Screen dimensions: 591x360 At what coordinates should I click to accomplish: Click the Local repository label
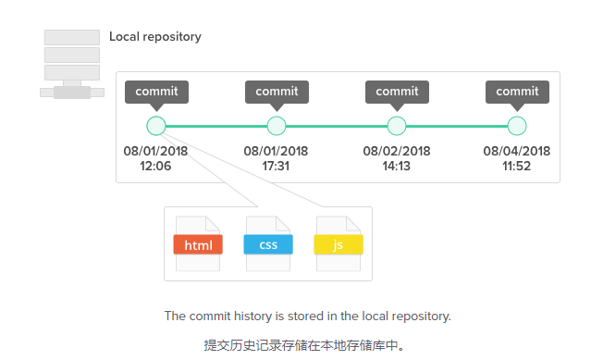155,37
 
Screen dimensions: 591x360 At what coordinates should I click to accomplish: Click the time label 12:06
155,166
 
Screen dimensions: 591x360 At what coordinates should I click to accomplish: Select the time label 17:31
276,166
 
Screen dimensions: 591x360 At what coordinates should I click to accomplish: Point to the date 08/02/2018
397,151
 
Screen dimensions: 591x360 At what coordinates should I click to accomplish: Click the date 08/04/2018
517,151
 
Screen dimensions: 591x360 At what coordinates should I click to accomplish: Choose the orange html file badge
198,244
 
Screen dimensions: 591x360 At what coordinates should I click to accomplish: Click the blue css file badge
268,244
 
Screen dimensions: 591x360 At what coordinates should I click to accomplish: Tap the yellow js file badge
339,244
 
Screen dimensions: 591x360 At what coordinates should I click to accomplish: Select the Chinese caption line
304,345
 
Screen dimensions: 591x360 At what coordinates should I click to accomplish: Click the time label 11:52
516,166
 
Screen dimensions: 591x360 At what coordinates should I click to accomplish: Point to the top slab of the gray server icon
72,37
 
